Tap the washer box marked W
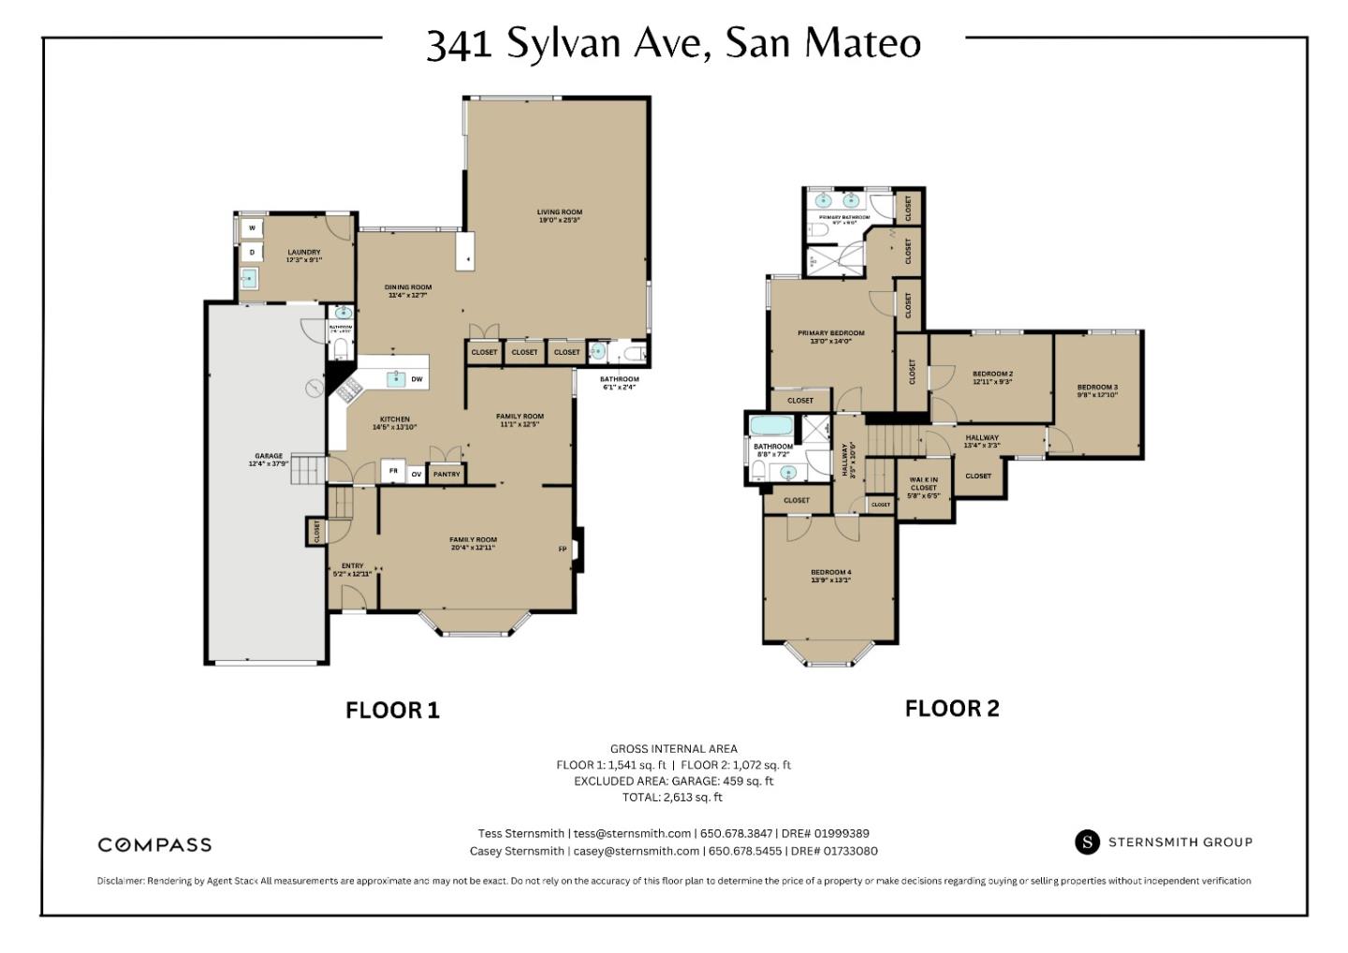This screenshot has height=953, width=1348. click(252, 227)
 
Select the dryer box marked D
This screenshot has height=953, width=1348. click(252, 252)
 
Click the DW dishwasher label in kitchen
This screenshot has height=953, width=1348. click(417, 379)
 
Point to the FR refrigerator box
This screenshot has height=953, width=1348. click(393, 472)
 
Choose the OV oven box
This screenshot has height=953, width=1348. click(417, 475)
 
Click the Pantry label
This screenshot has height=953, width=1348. click(447, 475)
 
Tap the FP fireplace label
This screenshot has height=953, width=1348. click(563, 549)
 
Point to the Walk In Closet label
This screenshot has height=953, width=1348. click(923, 487)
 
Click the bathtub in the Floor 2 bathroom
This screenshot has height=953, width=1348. click(772, 427)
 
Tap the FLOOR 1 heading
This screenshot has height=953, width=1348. click(392, 711)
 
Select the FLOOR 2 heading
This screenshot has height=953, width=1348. click(952, 709)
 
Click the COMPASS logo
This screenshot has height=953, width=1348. click(154, 844)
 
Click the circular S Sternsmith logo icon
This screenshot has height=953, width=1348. click(1087, 842)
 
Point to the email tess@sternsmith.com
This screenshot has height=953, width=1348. click(632, 833)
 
